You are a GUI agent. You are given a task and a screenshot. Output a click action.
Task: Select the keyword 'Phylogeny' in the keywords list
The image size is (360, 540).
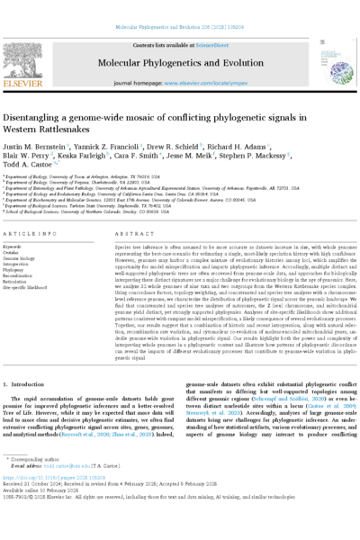(x=19, y=268)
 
